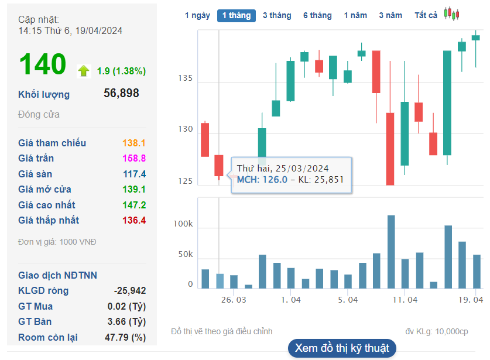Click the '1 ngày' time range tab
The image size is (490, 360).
click(197, 16)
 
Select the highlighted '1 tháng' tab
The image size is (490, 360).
click(236, 16)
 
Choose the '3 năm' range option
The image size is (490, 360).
click(390, 16)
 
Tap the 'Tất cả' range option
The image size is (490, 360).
click(426, 16)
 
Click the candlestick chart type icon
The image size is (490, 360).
click(451, 14)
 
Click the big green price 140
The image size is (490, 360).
click(42, 64)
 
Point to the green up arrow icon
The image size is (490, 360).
click(84, 71)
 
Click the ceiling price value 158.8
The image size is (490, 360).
click(134, 159)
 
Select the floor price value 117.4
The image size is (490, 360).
click(134, 174)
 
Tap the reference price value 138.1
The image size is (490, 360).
click(134, 143)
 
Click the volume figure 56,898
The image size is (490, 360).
click(121, 93)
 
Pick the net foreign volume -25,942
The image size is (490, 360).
click(129, 291)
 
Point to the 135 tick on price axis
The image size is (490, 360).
click(187, 78)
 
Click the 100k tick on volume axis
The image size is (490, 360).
click(183, 224)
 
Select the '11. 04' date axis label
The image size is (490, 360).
click(405, 299)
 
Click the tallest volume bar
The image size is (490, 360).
click(391, 252)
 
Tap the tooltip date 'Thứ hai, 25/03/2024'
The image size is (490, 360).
click(283, 168)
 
